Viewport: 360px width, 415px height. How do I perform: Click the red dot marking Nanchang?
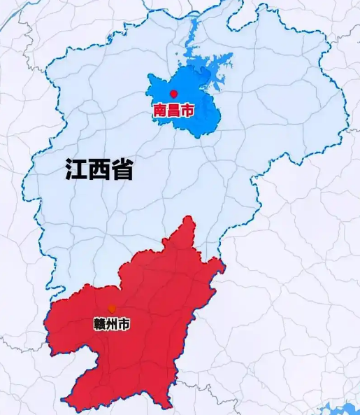click(x=173, y=93)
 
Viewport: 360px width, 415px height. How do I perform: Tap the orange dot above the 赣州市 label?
click(x=112, y=309)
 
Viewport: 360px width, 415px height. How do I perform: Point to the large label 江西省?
click(x=99, y=169)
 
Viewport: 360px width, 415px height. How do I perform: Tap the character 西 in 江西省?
click(x=99, y=169)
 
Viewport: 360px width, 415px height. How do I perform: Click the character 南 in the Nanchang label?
click(x=160, y=110)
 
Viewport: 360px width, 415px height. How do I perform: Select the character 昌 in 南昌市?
click(x=173, y=110)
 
